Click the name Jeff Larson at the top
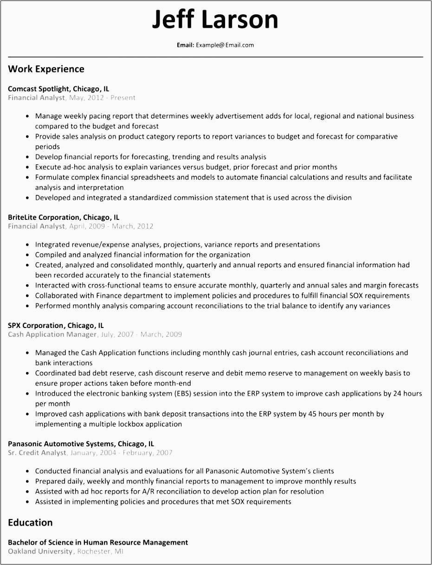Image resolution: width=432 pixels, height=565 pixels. pos(215,19)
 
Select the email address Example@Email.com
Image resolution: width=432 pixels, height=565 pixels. pos(225,45)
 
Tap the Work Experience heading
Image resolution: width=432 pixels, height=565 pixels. pos(46,69)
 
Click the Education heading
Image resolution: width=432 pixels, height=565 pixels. pos(30,522)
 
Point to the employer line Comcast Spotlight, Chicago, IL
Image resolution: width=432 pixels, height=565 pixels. pos(58,89)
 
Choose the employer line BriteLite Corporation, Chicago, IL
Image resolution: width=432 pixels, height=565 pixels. pos(64,217)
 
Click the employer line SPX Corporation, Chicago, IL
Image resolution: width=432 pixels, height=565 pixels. pos(56,325)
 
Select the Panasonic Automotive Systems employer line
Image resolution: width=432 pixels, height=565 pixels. pos(81,443)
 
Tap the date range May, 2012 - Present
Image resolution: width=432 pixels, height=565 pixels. pos(102,98)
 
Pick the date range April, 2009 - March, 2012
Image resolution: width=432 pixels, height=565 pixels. pos(111,226)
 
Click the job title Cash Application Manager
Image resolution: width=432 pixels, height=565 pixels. pos(52,334)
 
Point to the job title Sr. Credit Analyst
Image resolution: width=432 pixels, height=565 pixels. pos(37,453)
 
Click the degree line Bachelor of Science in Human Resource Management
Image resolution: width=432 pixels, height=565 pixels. pos(98,542)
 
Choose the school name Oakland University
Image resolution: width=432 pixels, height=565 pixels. pos(40,552)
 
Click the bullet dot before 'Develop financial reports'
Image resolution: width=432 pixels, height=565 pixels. pos(29,157)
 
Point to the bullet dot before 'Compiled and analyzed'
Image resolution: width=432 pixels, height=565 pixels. pos(29,255)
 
